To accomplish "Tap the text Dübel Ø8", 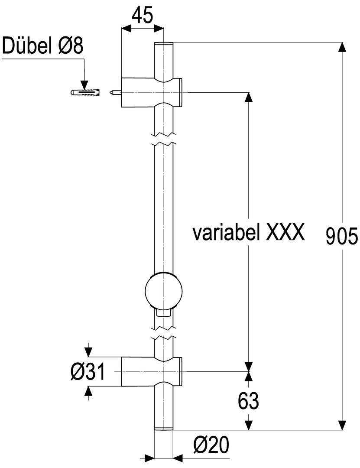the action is point(43,46).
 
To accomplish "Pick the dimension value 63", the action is point(248,401).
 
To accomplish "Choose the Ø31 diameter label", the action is point(88,372).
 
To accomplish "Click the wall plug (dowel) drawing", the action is point(85,92).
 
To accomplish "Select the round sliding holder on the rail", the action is point(163,291).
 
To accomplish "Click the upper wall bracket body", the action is point(152,92).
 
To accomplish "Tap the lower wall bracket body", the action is point(152,372).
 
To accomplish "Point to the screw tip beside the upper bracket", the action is point(115,92).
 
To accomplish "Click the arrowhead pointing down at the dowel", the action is point(84,85).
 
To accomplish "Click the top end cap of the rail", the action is point(164,44).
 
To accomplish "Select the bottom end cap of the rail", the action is point(164,429).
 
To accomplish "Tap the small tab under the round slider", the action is point(163,313).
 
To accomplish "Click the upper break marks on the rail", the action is point(163,139).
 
